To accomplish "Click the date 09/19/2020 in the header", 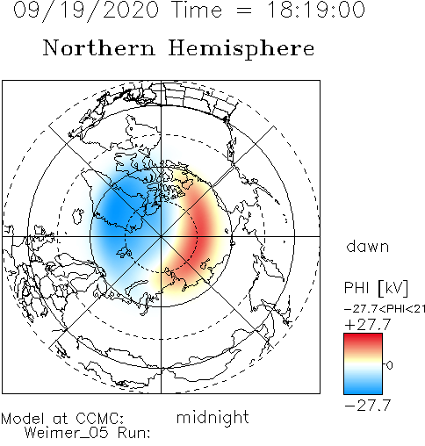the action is tap(86, 10).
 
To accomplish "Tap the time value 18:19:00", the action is tap(316, 10).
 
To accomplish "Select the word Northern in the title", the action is tap(98, 48).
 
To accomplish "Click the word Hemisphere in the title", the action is tap(241, 49).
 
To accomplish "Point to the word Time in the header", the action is tap(196, 10).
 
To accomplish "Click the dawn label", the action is tap(368, 247).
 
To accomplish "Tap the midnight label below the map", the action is tap(212, 418).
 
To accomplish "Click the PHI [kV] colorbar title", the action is tap(376, 288).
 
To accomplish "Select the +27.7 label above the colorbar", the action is tap(368, 325).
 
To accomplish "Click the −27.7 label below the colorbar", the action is tap(368, 406).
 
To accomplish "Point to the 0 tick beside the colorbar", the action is tap(390, 365).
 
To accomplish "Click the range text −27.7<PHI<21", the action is tap(385, 309).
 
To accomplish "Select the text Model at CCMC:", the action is tap(62, 419).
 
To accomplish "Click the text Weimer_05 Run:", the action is tap(87, 433).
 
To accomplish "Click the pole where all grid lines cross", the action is tap(161, 236).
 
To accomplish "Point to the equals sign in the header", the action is tap(244, 11).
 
